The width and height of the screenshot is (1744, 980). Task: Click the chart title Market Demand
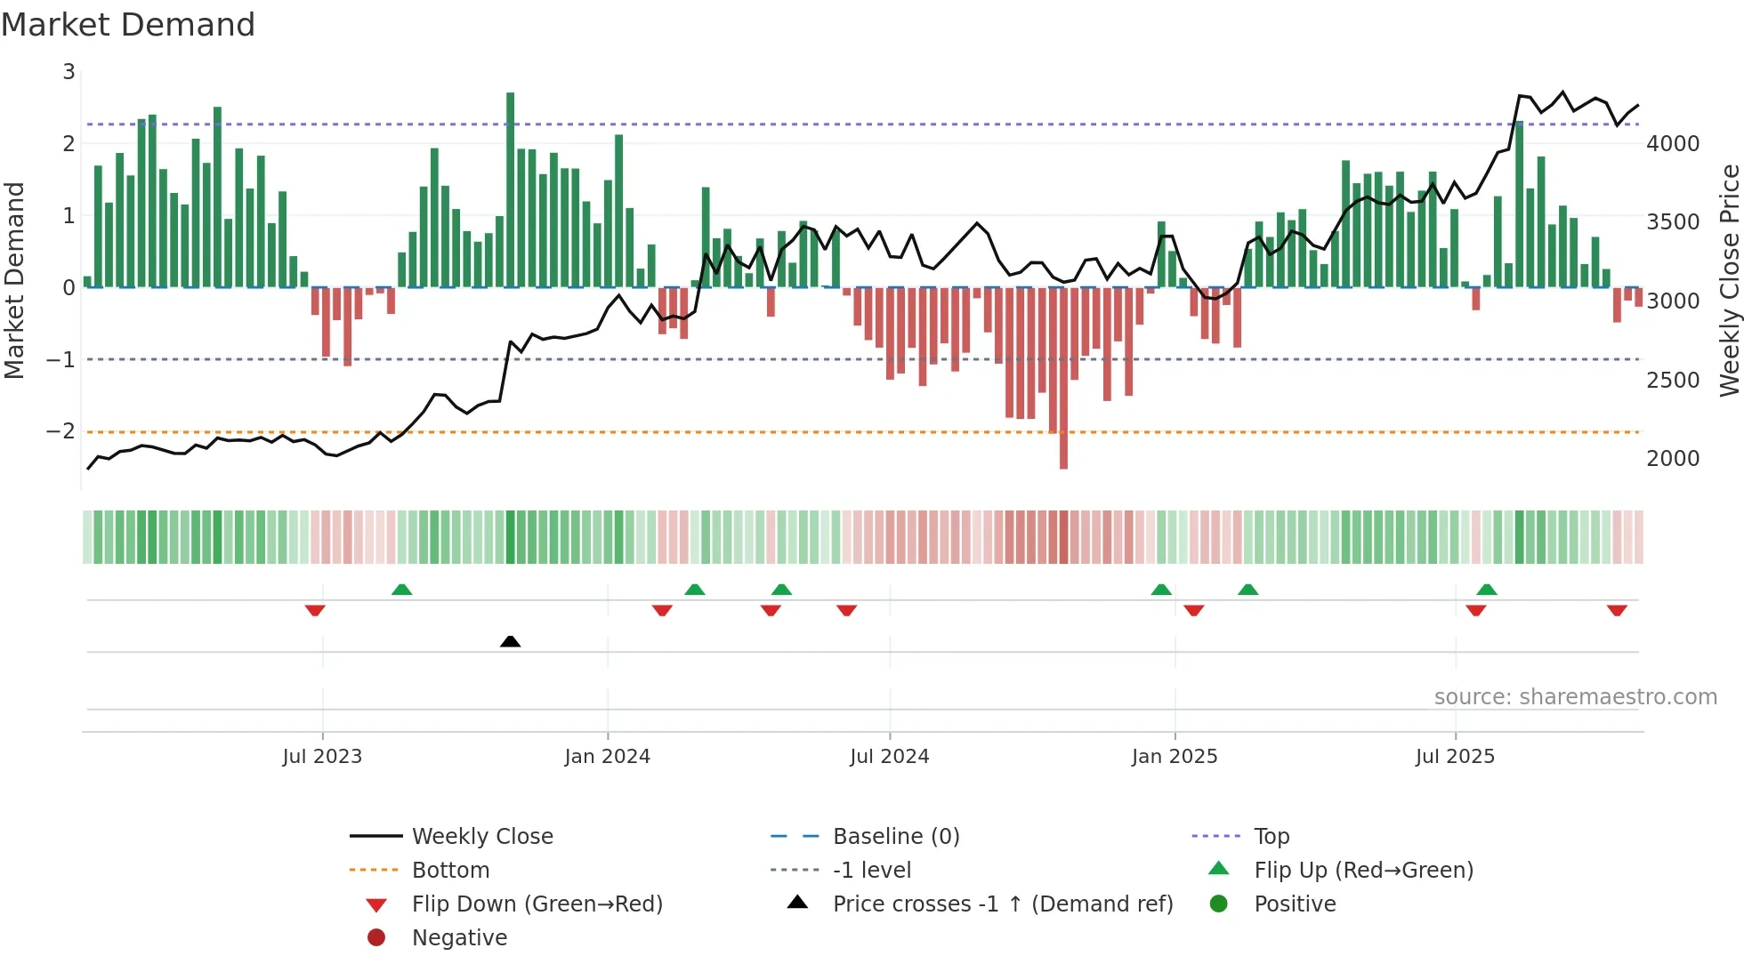pos(128,25)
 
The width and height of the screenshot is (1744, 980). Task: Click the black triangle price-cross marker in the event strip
pos(510,641)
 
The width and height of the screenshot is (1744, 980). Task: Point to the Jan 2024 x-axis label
pos(607,757)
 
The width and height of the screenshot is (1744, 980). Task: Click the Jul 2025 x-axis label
pos(1455,757)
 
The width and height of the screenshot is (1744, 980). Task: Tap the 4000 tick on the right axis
pos(1672,144)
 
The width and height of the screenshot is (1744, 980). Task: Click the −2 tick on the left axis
pos(61,431)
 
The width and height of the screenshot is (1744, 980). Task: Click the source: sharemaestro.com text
pos(1575,697)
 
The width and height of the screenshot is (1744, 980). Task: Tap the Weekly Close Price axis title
pos(1729,280)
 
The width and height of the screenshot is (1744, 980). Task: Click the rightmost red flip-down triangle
pos(1617,610)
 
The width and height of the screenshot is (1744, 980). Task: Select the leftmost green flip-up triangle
pos(402,590)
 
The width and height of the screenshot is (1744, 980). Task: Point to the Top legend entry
pos(1271,837)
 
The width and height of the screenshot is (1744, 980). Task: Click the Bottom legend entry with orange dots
pos(450,871)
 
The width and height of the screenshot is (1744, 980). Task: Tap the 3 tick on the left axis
pos(69,72)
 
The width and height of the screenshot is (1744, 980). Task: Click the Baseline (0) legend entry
pos(895,837)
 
